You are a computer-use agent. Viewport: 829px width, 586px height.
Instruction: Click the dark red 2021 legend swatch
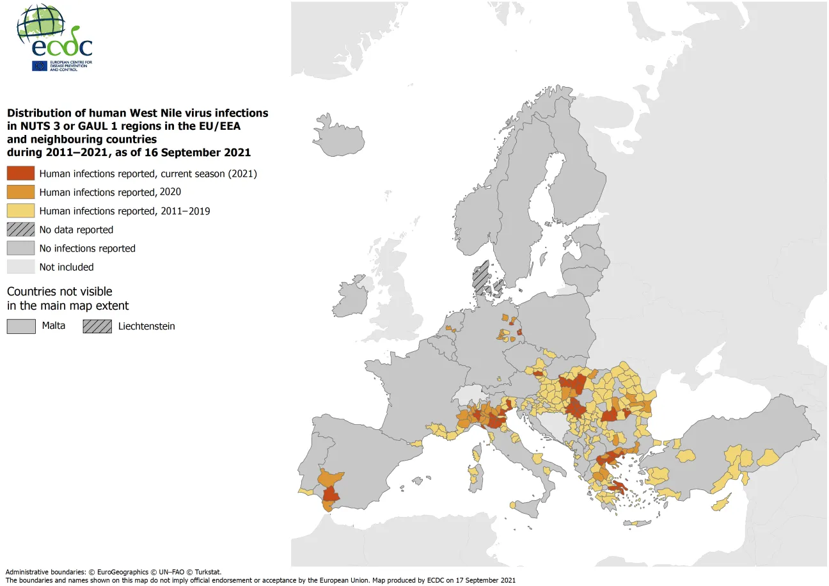point(20,173)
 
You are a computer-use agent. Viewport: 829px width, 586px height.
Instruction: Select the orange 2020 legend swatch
point(20,192)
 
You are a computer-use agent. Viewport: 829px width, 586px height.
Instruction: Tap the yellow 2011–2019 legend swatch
point(20,210)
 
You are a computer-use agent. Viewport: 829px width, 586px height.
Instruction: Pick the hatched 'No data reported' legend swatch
point(20,230)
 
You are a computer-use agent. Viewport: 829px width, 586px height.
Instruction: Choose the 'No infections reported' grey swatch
point(20,248)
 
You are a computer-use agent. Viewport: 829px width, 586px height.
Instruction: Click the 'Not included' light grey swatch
point(20,267)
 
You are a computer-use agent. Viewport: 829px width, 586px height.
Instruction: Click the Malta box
point(20,326)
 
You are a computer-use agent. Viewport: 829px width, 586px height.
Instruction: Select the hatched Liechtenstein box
point(97,326)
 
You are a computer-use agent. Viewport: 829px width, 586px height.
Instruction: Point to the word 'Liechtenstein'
point(146,326)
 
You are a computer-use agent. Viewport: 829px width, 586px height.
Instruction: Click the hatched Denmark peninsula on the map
point(480,276)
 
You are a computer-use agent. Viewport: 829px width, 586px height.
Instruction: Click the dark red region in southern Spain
point(331,495)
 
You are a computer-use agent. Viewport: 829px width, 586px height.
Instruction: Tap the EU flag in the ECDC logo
point(39,65)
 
